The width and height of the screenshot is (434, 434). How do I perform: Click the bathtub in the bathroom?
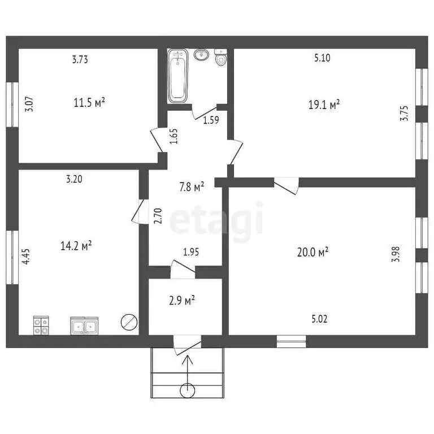(177, 76)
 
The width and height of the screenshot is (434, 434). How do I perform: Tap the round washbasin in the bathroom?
(201, 54)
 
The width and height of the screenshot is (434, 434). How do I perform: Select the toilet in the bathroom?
(220, 57)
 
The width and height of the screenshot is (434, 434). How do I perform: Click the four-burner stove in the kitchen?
(41, 325)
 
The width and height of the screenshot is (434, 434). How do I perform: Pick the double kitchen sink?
(84, 326)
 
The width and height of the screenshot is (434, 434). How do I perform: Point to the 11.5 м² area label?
(89, 103)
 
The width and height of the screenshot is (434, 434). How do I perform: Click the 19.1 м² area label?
(324, 105)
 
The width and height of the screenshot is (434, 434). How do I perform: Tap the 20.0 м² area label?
(313, 252)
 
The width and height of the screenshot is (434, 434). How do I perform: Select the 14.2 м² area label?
(76, 246)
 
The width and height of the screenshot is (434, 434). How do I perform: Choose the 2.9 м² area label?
(182, 300)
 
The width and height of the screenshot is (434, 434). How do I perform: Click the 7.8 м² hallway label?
(192, 187)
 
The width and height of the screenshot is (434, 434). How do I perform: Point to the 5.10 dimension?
(323, 58)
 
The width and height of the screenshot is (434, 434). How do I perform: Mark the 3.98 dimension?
(396, 254)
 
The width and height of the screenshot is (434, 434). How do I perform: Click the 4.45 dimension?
(26, 257)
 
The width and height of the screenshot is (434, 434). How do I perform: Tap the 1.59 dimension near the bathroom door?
(211, 120)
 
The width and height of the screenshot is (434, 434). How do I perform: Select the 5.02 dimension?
(319, 319)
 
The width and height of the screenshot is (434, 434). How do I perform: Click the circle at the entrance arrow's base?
(188, 390)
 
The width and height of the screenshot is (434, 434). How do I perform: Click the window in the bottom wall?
(292, 341)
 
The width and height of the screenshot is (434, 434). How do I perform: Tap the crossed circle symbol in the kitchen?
(129, 322)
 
